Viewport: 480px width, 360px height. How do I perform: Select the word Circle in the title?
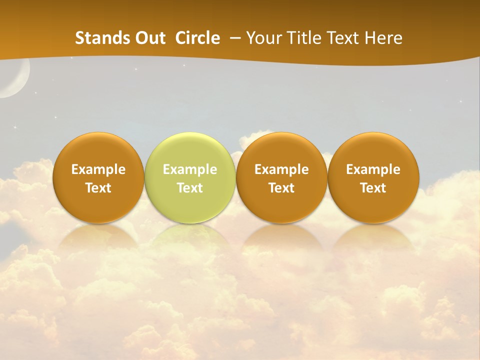[x=197, y=38]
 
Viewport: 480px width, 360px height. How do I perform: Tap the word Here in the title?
[x=383, y=38]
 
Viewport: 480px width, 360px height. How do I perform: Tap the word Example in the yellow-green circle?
[x=190, y=169]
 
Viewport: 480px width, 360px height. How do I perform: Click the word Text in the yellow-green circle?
[x=190, y=188]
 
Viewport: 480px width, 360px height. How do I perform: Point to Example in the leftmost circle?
[x=98, y=169]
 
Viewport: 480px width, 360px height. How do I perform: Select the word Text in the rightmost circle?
[x=373, y=188]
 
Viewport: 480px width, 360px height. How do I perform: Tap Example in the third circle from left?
[x=281, y=169]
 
